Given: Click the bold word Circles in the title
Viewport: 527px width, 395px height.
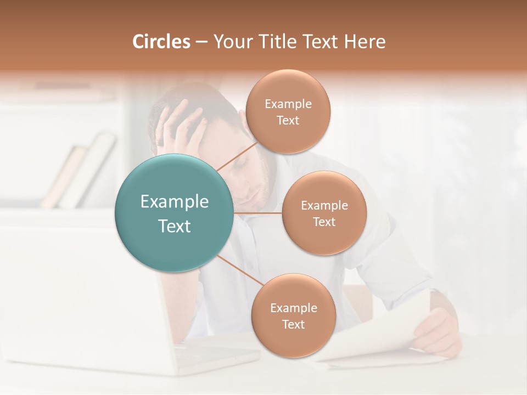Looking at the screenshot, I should (161, 42).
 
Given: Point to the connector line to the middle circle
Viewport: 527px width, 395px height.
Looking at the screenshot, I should (258, 213).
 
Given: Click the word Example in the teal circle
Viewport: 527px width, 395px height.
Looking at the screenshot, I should (175, 202).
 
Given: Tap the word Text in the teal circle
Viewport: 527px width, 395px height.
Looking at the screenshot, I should (175, 226).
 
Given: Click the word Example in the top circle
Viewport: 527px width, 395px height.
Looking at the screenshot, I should (288, 104).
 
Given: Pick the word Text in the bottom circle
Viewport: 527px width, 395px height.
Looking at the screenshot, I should (293, 324).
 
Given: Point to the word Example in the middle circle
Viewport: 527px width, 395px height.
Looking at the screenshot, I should (324, 206).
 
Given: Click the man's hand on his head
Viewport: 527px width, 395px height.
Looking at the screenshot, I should (181, 129).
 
